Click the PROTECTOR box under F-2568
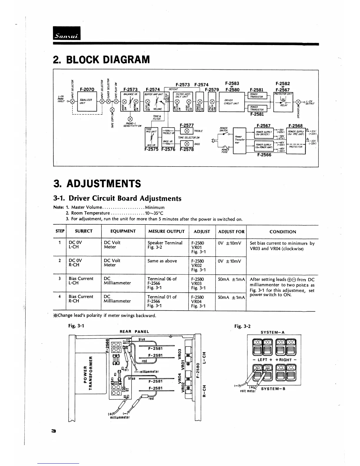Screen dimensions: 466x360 (296, 147)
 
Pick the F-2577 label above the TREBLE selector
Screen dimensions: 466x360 (186, 125)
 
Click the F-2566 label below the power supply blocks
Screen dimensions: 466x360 (264, 155)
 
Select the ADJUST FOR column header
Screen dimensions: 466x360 (231, 232)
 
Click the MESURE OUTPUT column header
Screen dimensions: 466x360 (166, 232)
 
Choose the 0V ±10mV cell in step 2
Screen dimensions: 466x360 (230, 261)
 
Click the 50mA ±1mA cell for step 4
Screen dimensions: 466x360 (231, 297)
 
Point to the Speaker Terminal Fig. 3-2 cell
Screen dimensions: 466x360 (165, 245)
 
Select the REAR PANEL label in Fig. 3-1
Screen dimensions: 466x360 (134, 332)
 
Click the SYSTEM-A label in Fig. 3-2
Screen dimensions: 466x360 (273, 332)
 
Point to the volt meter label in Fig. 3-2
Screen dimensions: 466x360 (247, 391)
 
